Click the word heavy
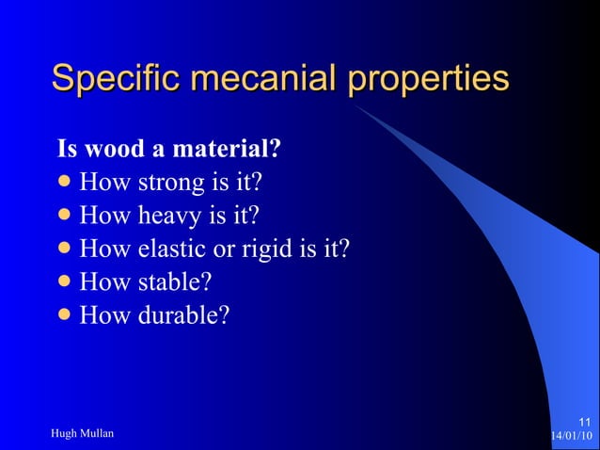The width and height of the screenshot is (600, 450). click(x=171, y=217)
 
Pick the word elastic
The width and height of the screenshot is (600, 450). click(x=174, y=249)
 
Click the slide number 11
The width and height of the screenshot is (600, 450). click(x=584, y=421)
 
